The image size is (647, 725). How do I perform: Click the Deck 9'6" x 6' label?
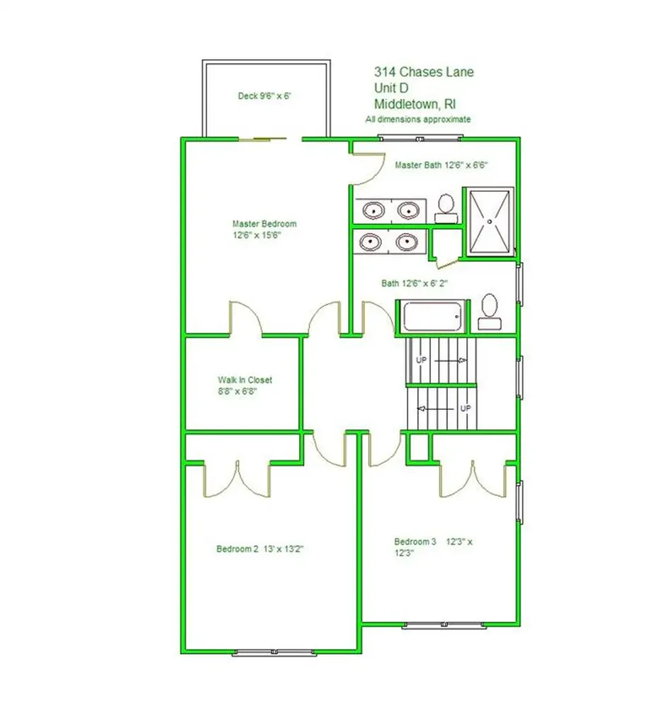pos(264,96)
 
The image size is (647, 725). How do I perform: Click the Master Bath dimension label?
pos(441,165)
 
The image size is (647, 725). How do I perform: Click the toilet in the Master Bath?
pos(446,209)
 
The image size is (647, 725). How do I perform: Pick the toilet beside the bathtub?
pos(490,312)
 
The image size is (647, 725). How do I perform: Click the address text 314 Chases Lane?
pos(424,72)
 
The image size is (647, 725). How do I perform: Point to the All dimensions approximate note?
pos(418,119)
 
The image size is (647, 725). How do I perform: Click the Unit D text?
pos(391,88)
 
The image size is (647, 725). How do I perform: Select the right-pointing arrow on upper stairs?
pos(451,360)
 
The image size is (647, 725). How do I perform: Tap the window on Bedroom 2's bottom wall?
pos(274,652)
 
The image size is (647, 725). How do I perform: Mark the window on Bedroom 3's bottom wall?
pos(444,624)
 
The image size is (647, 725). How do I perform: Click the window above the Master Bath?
pos(420,138)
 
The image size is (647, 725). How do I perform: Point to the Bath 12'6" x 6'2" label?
pos(415,283)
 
